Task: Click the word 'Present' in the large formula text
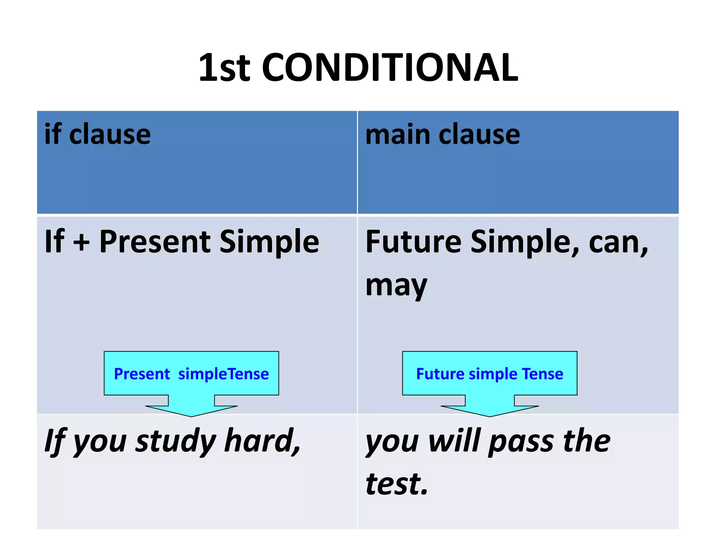tap(155, 242)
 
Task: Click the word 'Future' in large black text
tap(413, 242)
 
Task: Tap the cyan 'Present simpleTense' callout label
tap(191, 374)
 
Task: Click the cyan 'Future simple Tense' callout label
tap(489, 374)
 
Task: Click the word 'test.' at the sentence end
tap(397, 484)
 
